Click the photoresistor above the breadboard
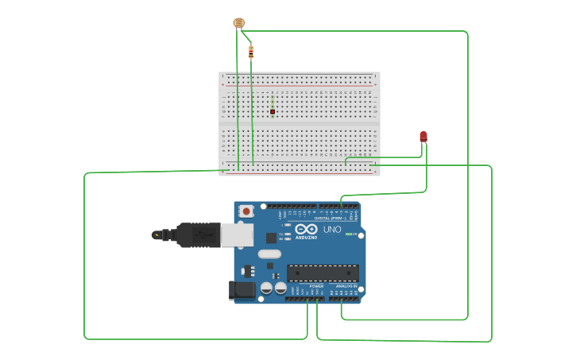[238, 23]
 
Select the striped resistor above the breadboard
[251, 52]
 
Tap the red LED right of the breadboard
[423, 137]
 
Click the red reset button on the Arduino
[246, 211]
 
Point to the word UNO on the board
[332, 230]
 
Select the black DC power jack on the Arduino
[242, 291]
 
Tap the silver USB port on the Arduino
[237, 234]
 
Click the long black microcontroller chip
[323, 273]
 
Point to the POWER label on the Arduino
[316, 286]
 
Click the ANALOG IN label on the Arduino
[346, 286]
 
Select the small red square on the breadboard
[273, 112]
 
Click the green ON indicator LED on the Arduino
[349, 234]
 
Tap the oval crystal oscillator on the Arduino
[269, 254]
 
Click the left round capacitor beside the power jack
[266, 288]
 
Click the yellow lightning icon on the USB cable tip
[168, 234]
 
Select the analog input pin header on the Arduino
[343, 299]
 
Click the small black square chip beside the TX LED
[272, 237]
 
